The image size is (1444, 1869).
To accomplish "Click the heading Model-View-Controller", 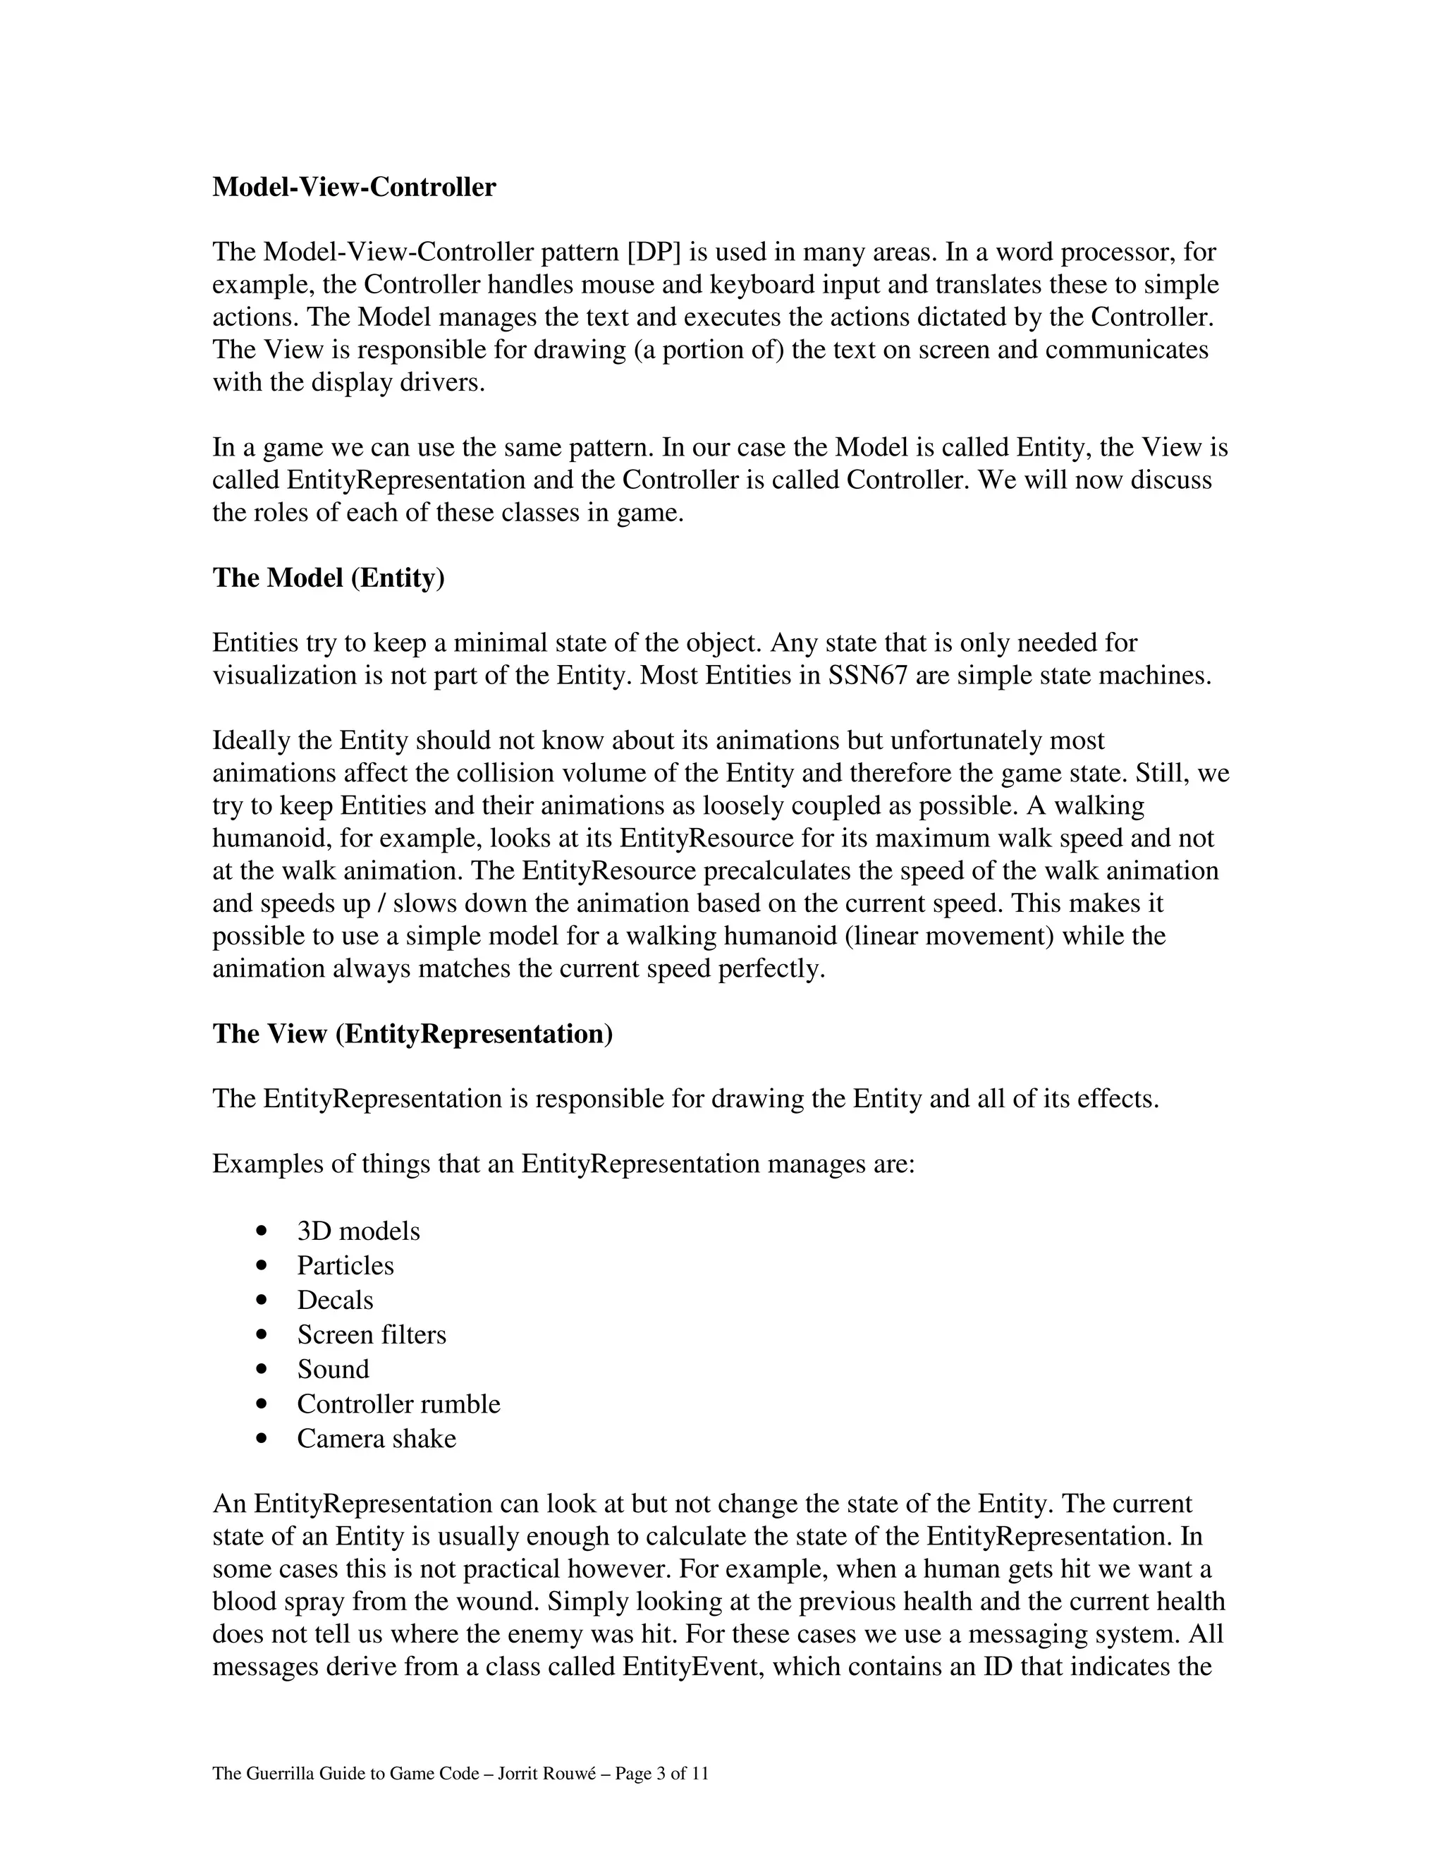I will click(x=353, y=188).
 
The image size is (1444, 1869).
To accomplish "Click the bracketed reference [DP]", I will click(x=654, y=252).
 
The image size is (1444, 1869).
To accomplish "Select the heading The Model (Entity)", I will click(x=329, y=578).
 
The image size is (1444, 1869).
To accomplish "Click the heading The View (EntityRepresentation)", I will click(x=412, y=1034).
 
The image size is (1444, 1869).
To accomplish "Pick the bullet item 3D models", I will click(x=358, y=1231).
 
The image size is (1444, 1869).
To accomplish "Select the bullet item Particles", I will click(x=345, y=1266).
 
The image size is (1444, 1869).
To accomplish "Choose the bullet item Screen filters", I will click(x=372, y=1335).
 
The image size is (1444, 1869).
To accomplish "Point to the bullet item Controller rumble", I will click(x=398, y=1404).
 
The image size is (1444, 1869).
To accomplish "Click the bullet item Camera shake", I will click(x=377, y=1439).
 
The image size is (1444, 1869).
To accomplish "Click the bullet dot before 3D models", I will click(x=262, y=1231).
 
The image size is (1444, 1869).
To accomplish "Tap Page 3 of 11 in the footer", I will click(x=661, y=1774).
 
